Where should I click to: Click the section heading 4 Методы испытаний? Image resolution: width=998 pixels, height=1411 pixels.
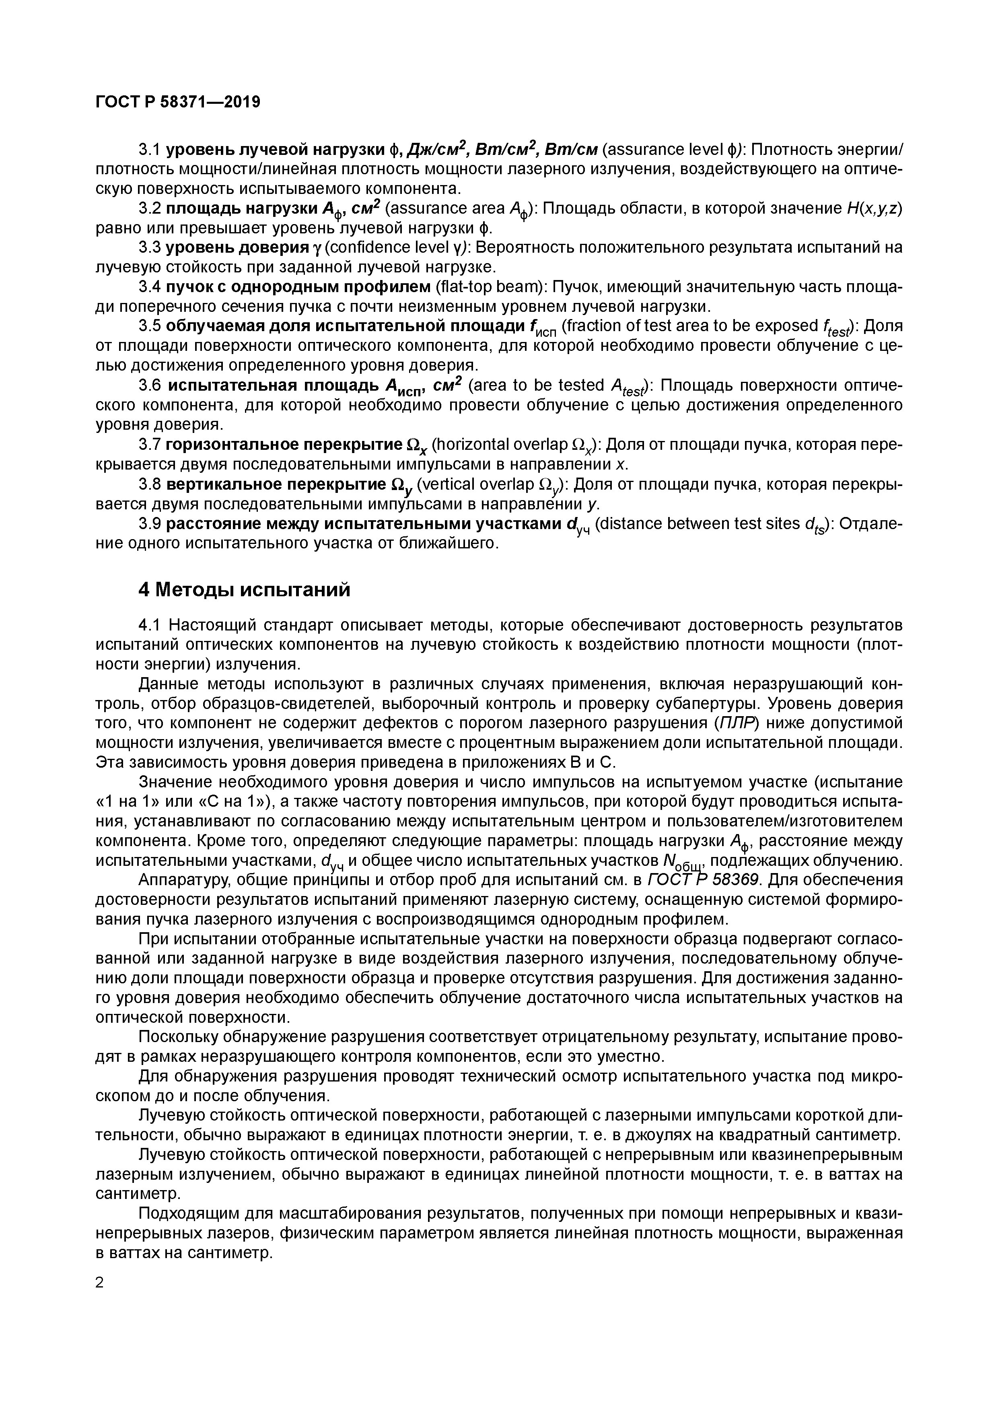tap(244, 589)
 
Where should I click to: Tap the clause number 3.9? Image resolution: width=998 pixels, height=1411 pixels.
tap(149, 523)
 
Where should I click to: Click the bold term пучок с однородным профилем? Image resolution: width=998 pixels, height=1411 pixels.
tap(298, 287)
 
